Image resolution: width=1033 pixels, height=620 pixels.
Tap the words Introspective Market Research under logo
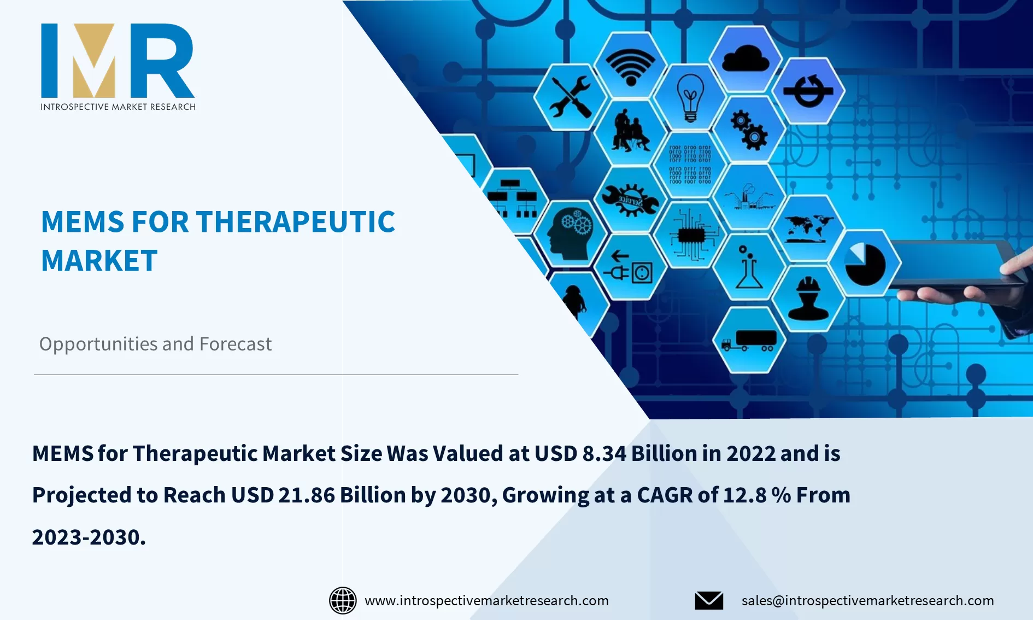pyautogui.click(x=118, y=107)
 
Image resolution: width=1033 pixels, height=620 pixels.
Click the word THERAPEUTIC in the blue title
pyautogui.click(x=295, y=222)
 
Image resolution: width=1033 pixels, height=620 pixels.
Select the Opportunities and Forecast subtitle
pyautogui.click(x=155, y=344)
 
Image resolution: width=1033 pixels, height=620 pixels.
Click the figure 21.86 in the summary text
pyautogui.click(x=306, y=495)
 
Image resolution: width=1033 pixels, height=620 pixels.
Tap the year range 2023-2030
pyautogui.click(x=89, y=537)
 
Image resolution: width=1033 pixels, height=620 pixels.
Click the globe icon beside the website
pyautogui.click(x=343, y=600)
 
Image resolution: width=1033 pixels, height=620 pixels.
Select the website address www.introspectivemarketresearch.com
pyautogui.click(x=486, y=600)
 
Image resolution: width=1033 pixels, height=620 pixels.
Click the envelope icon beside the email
pyautogui.click(x=709, y=600)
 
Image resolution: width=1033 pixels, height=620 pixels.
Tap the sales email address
pyautogui.click(x=867, y=600)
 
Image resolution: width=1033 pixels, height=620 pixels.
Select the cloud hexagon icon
pyautogui.click(x=746, y=58)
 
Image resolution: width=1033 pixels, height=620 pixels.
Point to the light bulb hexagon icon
pyautogui.click(x=690, y=97)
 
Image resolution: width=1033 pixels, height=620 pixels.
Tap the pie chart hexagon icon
pyautogui.click(x=865, y=264)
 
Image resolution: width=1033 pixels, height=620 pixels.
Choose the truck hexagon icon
pyautogui.click(x=749, y=340)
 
